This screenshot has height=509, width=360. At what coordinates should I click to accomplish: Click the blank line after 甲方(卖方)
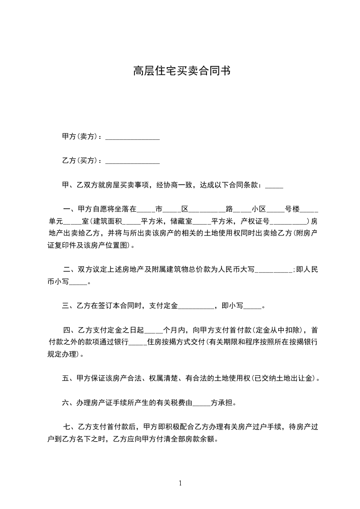click(132, 137)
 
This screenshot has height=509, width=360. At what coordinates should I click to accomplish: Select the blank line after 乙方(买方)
click(132, 161)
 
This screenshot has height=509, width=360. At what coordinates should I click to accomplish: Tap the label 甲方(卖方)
click(78, 137)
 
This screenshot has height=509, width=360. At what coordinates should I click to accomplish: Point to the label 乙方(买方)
click(78, 161)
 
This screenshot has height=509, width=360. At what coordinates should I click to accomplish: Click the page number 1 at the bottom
click(180, 483)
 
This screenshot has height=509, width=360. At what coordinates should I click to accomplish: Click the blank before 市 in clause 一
click(146, 210)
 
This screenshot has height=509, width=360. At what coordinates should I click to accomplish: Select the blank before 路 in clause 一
click(207, 210)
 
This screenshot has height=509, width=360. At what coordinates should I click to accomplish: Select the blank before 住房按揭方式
click(138, 343)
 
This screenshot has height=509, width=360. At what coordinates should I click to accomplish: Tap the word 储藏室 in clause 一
click(182, 222)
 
